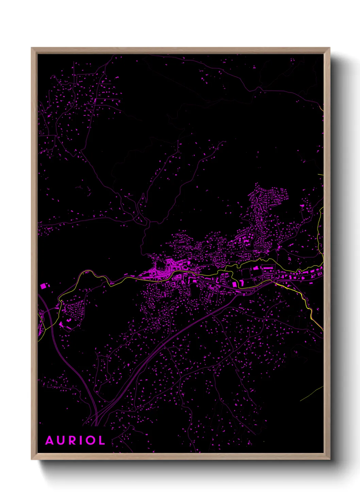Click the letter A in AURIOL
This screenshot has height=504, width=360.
point(50,441)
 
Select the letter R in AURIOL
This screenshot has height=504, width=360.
point(72,441)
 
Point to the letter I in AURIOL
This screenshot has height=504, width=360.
point(81,441)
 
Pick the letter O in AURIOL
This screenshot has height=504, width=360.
point(90,441)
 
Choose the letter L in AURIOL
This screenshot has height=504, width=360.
point(101,441)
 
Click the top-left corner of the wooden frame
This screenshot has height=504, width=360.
point(32,48)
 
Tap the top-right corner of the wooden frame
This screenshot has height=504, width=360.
point(329,48)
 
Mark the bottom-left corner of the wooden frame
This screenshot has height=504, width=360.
point(32,459)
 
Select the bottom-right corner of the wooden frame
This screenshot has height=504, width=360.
point(329,459)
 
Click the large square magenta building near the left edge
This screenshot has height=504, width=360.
point(43,286)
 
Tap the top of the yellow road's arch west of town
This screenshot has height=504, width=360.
point(87,271)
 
